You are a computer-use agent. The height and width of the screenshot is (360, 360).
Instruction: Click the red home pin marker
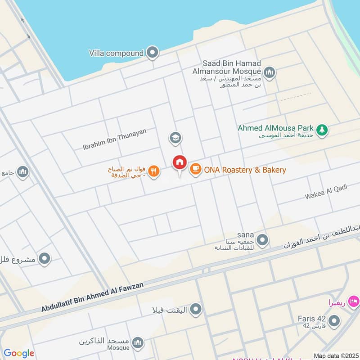coord(180,162)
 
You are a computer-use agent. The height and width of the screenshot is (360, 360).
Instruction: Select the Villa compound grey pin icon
coord(153,53)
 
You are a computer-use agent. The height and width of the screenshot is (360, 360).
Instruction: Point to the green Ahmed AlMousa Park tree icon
coord(321,130)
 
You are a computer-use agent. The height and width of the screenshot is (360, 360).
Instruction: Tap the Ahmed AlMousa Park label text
coord(276,128)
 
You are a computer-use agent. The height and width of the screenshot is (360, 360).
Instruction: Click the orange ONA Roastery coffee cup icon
coord(195,170)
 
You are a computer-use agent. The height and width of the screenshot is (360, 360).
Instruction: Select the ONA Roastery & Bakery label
coord(245,170)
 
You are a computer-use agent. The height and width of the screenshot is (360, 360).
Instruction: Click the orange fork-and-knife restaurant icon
coord(154,171)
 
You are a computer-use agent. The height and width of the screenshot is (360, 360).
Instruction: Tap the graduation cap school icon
coord(175,138)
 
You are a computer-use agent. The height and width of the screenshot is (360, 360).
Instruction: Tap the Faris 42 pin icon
coord(334,321)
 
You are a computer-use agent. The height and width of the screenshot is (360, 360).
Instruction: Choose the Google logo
coord(19,353)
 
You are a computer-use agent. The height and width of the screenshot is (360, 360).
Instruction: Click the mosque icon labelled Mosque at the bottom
coord(139,342)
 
